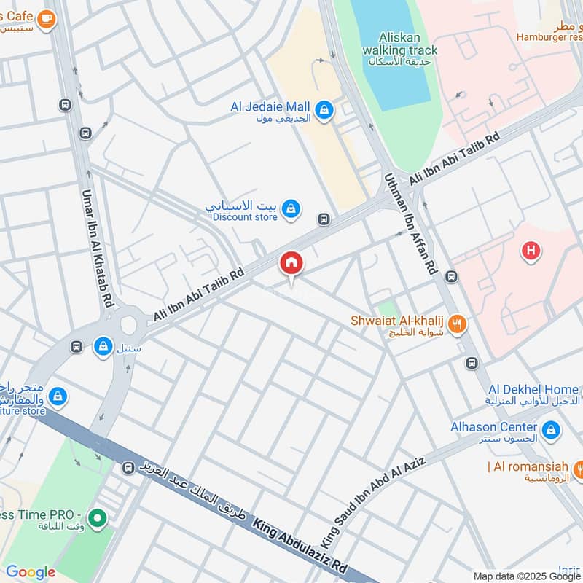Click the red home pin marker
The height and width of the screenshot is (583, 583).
tap(291, 265)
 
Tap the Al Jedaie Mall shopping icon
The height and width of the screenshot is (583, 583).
tap(324, 111)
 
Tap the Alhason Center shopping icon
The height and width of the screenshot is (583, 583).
tap(552, 430)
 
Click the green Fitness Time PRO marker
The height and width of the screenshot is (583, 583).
tap(98, 520)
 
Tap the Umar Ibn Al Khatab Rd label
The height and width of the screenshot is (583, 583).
tap(96, 247)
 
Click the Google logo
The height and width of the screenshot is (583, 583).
tap(31, 572)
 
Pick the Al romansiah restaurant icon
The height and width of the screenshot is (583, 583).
tap(581, 466)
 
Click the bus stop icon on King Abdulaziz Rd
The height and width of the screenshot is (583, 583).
tap(128, 467)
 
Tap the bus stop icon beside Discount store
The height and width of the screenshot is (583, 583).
tap(324, 219)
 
